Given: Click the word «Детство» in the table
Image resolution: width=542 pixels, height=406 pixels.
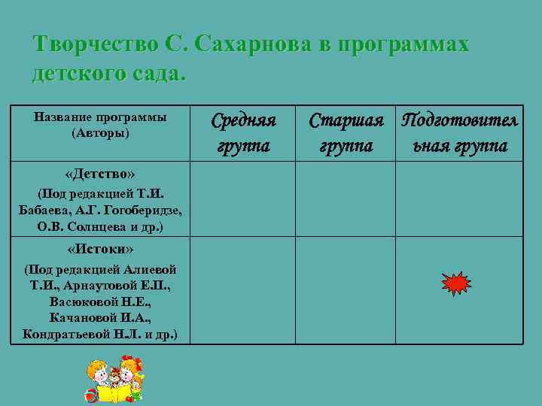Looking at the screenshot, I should click(99, 175).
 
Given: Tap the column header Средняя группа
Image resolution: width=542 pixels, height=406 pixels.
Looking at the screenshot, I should click(242, 132).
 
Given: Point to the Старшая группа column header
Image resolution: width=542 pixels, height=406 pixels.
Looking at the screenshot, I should click(346, 132).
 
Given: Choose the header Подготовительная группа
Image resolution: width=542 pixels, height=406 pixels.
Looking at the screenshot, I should click(458, 132).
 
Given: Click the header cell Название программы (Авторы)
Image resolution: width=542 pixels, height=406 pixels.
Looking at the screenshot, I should click(99, 125).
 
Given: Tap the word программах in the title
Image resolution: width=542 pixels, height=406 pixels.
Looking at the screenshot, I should click(403, 44).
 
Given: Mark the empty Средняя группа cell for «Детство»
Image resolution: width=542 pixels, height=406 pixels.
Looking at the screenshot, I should click(242, 199).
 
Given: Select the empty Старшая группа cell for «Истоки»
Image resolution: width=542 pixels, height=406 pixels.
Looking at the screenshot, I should click(346, 290).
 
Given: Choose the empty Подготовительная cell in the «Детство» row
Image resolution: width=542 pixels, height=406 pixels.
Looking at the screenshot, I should click(458, 199).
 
